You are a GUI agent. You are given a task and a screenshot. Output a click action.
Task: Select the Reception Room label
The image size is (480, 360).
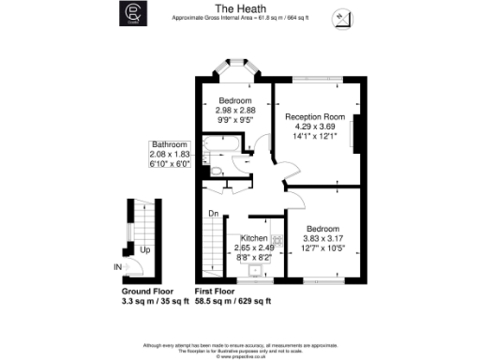(315, 117)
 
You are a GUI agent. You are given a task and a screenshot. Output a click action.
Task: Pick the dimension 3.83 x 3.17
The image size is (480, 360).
(325, 237)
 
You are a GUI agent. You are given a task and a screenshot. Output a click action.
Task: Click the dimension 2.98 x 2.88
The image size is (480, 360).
(235, 111)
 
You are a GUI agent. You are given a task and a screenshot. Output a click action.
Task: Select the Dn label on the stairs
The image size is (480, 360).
(214, 213)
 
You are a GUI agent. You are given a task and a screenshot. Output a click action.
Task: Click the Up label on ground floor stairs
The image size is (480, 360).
(144, 250)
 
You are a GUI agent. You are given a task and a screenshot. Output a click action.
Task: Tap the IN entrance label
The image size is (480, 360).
(116, 267)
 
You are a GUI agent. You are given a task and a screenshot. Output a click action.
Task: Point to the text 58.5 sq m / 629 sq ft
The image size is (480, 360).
(233, 301)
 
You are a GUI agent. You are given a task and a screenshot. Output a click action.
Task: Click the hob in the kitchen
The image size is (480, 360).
(274, 241)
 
